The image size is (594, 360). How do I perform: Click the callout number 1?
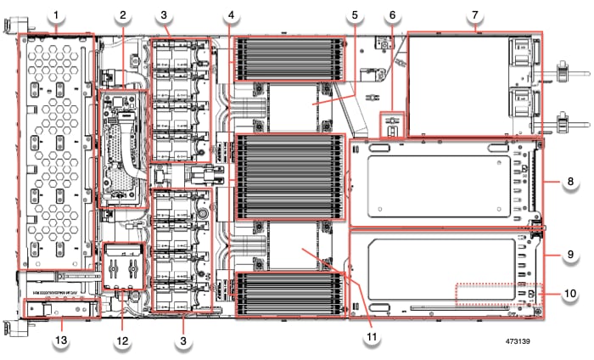(57, 15)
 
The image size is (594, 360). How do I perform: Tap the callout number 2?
(123, 15)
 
